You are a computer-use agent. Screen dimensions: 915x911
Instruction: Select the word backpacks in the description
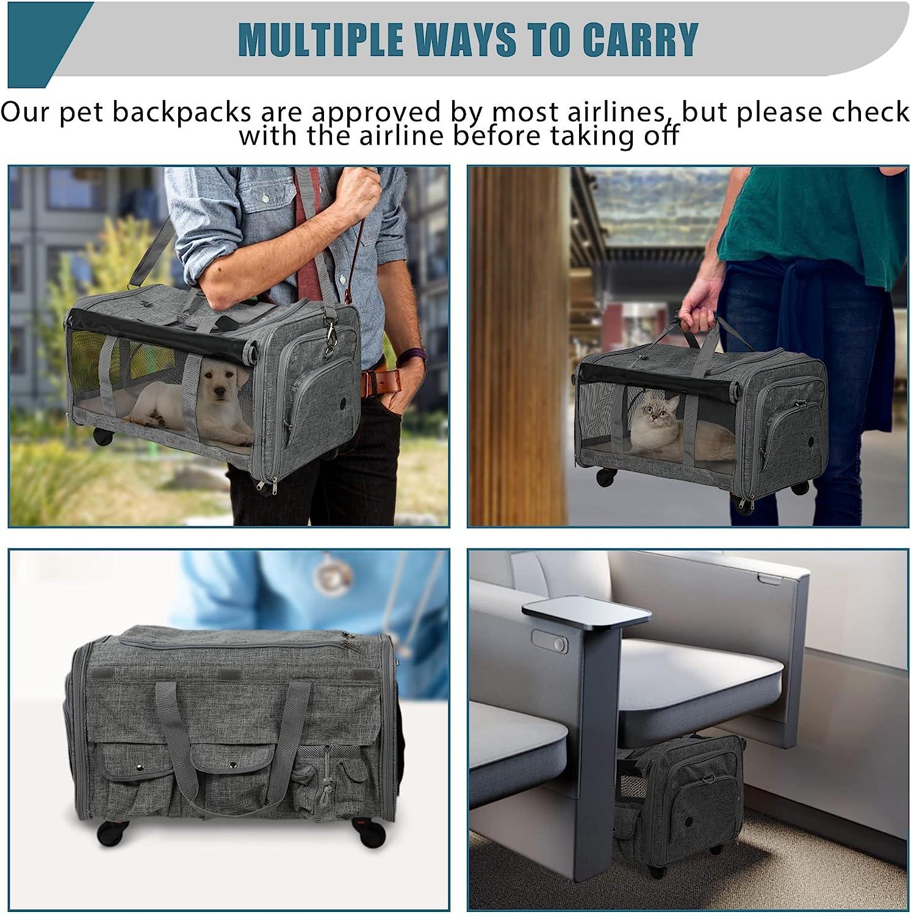point(182,112)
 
